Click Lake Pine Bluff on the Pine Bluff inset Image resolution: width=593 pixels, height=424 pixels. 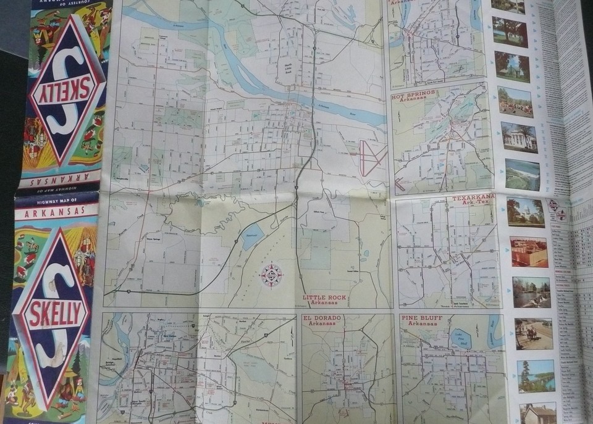coord(460,338)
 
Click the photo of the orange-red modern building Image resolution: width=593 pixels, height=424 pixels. coord(529,251)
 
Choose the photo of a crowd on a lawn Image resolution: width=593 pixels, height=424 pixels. coord(515,101)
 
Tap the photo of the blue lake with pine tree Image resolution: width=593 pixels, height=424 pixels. coord(535,375)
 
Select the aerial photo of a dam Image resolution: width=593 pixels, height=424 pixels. coord(522,175)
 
